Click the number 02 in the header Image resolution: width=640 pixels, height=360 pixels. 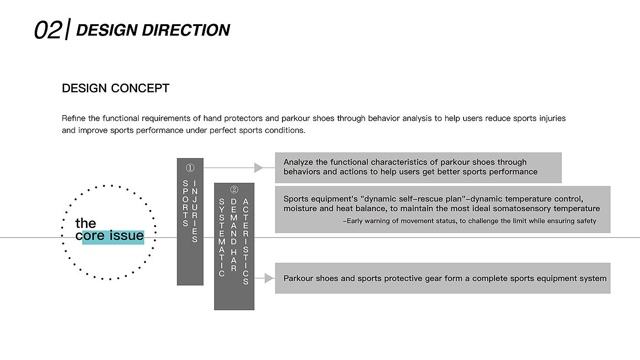tap(48, 31)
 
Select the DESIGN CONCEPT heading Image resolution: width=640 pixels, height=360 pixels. tap(116, 88)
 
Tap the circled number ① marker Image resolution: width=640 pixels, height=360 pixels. tap(190, 168)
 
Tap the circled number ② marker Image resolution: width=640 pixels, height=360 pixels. tap(234, 190)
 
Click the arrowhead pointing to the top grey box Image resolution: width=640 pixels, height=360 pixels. tap(259, 168)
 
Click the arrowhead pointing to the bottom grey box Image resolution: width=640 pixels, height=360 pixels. tap(269, 278)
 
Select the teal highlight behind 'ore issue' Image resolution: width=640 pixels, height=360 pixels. tap(113, 237)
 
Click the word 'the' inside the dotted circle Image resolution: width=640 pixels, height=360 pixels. tap(85, 223)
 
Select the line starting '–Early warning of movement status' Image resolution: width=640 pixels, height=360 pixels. tap(469, 221)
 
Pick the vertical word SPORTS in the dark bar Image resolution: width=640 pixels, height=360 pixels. tap(185, 203)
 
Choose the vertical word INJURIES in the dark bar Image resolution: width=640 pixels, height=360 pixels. tap(195, 211)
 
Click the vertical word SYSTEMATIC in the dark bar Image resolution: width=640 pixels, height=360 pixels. tap(222, 238)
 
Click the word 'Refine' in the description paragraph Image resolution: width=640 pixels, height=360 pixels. tap(74, 118)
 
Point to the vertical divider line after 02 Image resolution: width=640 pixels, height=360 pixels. tap(67, 30)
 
